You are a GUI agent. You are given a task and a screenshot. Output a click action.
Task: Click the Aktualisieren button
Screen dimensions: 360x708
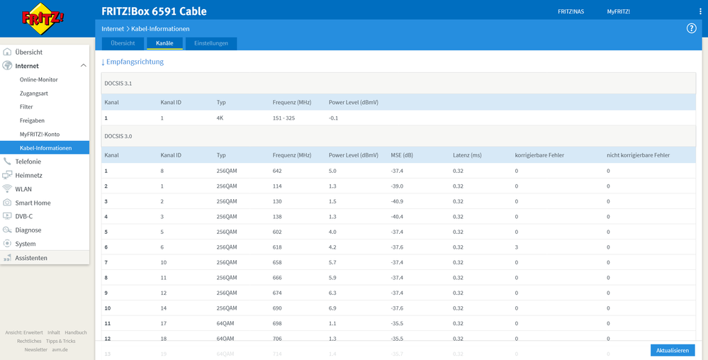(673, 351)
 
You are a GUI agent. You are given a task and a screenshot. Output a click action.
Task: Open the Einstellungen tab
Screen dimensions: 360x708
(211, 43)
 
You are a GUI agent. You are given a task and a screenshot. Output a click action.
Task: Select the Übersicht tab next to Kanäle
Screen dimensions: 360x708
(123, 43)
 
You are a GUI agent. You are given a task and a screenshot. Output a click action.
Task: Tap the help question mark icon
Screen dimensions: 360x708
(692, 28)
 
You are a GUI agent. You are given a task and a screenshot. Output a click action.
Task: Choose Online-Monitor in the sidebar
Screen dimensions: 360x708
(39, 79)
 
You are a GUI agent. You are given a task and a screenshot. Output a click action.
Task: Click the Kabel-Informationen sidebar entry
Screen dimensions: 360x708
(45, 148)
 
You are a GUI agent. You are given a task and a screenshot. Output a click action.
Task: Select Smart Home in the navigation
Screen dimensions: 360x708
(33, 203)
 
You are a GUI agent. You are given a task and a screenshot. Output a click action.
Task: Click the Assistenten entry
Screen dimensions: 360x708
(31, 258)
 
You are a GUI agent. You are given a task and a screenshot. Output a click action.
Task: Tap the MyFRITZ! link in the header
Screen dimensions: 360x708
(618, 11)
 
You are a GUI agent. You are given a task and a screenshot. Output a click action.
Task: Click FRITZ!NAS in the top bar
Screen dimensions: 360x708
(570, 11)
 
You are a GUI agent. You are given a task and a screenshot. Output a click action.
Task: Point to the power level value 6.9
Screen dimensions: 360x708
(333, 308)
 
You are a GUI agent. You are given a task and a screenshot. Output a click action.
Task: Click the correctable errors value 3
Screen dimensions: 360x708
(517, 247)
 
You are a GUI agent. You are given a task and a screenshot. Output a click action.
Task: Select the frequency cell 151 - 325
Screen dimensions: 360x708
(283, 118)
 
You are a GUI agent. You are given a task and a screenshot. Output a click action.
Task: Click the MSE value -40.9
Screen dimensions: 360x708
(398, 201)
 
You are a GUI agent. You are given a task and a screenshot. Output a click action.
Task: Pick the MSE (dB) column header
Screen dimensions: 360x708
(402, 155)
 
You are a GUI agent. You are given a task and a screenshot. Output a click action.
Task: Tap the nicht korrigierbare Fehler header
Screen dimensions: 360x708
(638, 155)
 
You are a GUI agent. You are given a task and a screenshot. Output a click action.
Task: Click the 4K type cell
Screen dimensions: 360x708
(220, 118)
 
